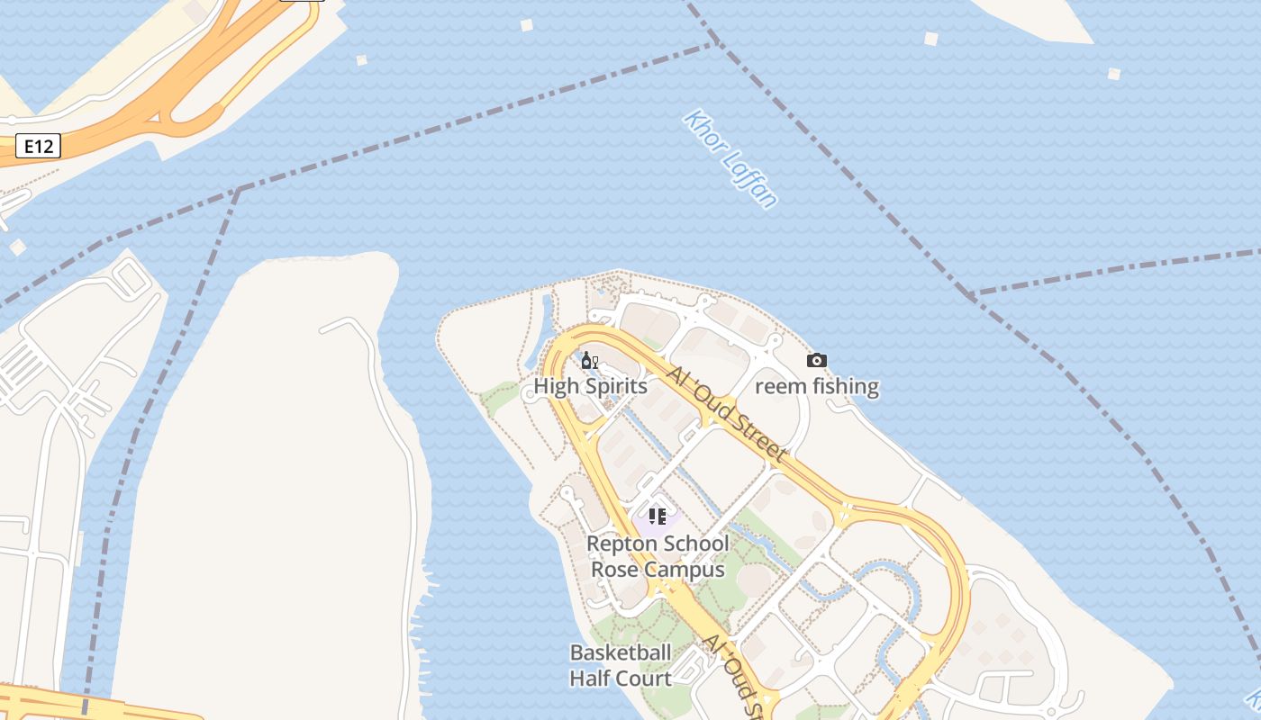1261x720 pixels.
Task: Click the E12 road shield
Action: tap(38, 146)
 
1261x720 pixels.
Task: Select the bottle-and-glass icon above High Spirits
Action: tap(590, 361)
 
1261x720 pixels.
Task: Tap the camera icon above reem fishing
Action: tap(817, 361)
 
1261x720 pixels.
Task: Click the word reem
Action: tap(776, 386)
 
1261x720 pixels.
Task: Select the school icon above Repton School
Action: tap(658, 517)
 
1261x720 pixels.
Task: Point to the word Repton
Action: tap(621, 544)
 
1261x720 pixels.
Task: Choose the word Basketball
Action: tap(621, 652)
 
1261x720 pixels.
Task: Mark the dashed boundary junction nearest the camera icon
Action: tap(970, 294)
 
